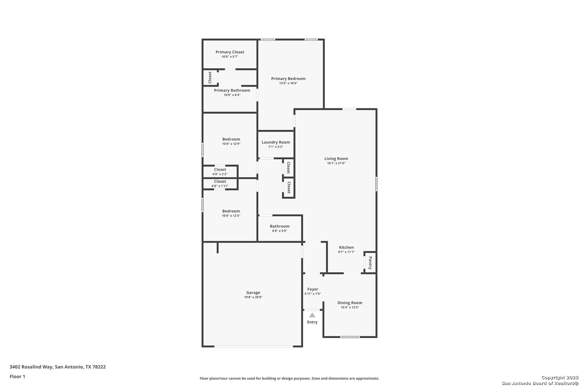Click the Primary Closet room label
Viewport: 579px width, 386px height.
[x=230, y=52]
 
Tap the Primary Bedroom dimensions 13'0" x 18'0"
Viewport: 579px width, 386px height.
[x=288, y=83]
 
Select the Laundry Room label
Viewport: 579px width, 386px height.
[x=276, y=142]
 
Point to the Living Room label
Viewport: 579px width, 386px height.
[x=336, y=158]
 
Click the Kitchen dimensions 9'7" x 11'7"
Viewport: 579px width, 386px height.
[x=346, y=252]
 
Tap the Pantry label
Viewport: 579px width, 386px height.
[x=370, y=263]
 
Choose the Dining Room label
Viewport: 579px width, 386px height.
[x=350, y=303]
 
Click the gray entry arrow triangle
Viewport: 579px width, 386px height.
[x=312, y=315]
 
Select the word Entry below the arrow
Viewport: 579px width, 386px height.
[x=312, y=322]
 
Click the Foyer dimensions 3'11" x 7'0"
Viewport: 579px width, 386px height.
[x=313, y=294]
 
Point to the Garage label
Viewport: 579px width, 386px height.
[x=253, y=293]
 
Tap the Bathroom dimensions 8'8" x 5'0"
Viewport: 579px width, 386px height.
[x=280, y=231]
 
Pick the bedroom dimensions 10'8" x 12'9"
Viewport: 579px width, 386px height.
[x=231, y=144]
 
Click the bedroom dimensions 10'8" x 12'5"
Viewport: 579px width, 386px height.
[x=231, y=216]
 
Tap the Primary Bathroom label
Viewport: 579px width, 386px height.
[x=232, y=90]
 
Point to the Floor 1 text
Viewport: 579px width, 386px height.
[x=17, y=377]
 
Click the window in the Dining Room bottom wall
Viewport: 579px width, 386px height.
[x=350, y=337]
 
